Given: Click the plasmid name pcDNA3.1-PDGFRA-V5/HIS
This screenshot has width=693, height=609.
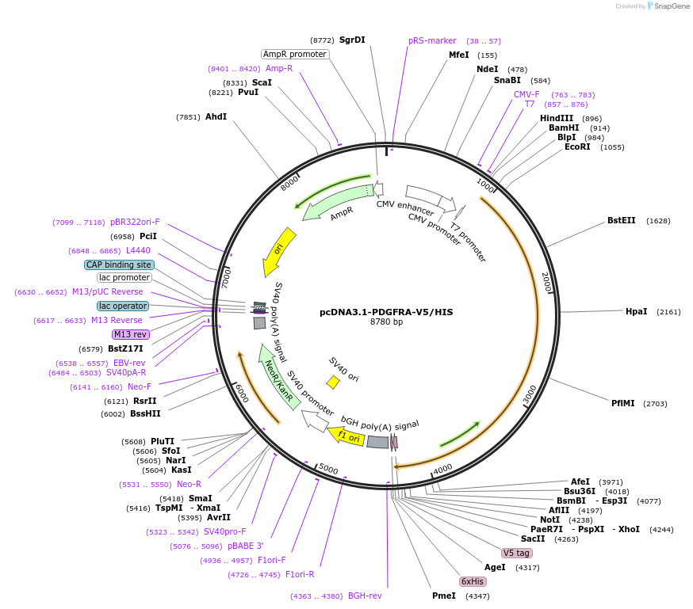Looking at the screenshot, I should coord(386,312).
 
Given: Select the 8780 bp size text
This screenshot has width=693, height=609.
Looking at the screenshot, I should coord(386,322).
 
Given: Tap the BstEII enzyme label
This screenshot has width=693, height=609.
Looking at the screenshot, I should coord(621,220).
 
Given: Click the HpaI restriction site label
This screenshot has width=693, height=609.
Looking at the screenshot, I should coord(636,312).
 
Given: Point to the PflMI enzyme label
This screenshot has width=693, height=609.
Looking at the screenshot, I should coord(622,403).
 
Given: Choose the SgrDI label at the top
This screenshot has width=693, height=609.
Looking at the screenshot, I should coord(352,40).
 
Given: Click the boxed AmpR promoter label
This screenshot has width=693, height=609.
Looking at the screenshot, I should coord(295,54).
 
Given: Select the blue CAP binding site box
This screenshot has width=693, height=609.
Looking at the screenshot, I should coord(119,265).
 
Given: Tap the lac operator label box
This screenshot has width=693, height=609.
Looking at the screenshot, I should coord(123,306).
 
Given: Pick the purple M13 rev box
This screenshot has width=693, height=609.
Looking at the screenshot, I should coord(131,334).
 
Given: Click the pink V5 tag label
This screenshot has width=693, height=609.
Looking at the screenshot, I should coord(516,553).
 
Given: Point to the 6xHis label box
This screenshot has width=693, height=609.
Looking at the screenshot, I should coord(473,581).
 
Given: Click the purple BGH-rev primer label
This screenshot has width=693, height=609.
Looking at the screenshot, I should coord(365,596).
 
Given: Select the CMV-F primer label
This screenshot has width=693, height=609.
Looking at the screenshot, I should coord(526,95).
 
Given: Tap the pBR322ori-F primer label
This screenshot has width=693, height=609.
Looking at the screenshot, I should coord(135,222).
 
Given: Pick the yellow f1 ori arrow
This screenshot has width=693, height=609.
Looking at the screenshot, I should coord(350,436).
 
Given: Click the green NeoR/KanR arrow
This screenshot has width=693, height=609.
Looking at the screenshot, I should coord(279,375).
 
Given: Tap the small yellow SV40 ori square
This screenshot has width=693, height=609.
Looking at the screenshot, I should coord(333,383).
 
